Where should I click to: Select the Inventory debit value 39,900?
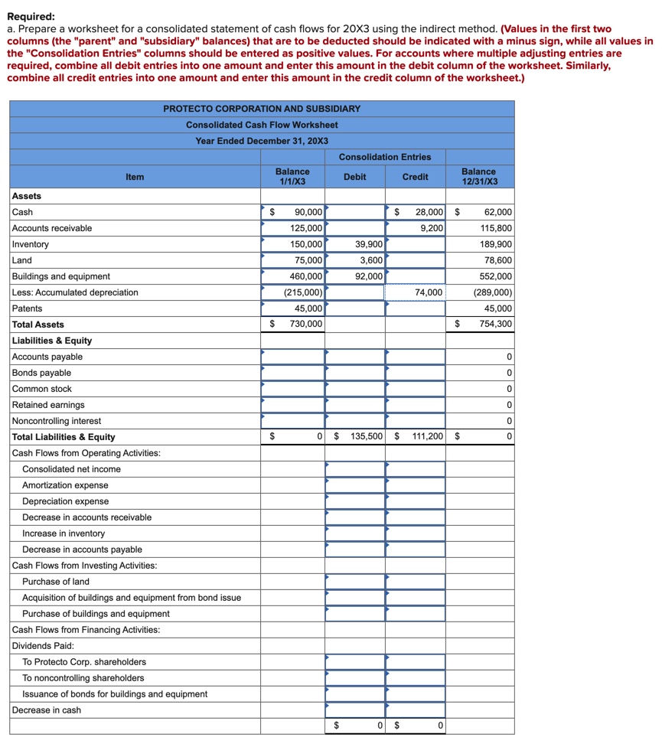(369, 244)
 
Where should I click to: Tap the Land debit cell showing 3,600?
(370, 260)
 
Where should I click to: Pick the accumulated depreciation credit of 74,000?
(429, 292)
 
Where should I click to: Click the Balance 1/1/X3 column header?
(292, 177)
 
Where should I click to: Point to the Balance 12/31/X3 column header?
(479, 177)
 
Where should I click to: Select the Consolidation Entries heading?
(385, 157)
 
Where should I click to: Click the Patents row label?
(28, 308)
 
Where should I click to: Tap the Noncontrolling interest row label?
(57, 421)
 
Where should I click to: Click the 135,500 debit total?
(366, 437)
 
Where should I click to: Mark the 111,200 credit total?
(426, 437)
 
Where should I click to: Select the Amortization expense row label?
(65, 485)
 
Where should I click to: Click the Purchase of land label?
(55, 582)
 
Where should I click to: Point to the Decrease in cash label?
(51, 710)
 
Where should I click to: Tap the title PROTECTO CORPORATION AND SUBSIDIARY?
(262, 109)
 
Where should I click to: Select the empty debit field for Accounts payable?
(354, 357)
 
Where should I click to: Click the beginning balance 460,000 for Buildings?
(306, 276)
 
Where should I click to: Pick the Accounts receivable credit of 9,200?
(432, 228)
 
